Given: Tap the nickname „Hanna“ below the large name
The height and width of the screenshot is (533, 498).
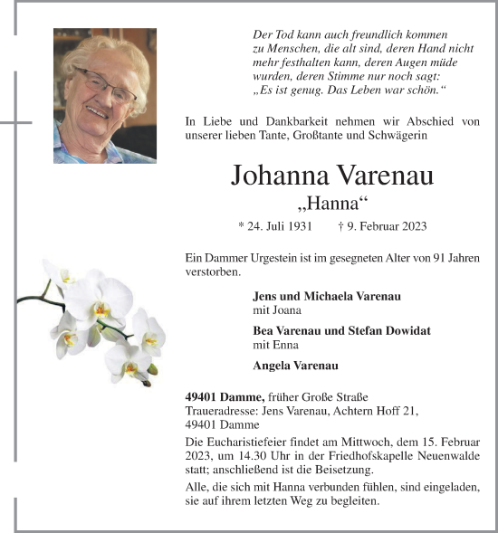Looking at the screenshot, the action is [332, 202].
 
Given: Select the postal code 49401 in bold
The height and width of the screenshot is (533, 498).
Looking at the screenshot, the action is [200, 396].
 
